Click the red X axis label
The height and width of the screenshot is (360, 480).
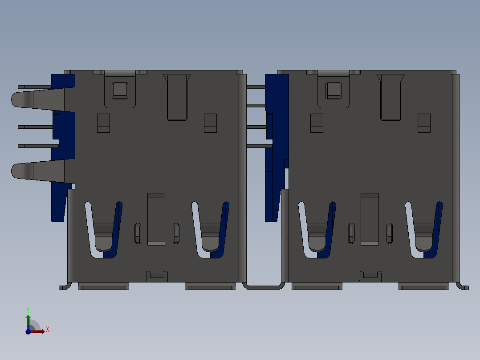[x=48, y=330]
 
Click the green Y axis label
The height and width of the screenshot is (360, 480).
[x=28, y=309]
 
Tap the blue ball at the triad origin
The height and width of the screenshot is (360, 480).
[x=28, y=331]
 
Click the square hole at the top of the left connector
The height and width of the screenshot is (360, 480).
[x=120, y=90]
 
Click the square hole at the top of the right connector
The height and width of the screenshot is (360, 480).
[x=334, y=90]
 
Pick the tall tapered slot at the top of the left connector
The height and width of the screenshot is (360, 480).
[x=177, y=97]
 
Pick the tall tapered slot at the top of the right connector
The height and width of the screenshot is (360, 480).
[x=391, y=97]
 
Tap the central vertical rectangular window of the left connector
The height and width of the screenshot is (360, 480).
[x=156, y=219]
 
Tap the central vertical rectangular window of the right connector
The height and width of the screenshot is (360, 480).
[x=370, y=219]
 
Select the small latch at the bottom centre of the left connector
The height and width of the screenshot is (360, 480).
[x=157, y=275]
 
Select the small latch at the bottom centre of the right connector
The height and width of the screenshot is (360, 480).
[x=370, y=275]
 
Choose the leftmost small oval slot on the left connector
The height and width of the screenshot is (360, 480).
[x=138, y=233]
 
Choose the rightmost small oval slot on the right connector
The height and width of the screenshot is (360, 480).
[x=390, y=233]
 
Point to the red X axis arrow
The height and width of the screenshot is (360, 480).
[x=38, y=331]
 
